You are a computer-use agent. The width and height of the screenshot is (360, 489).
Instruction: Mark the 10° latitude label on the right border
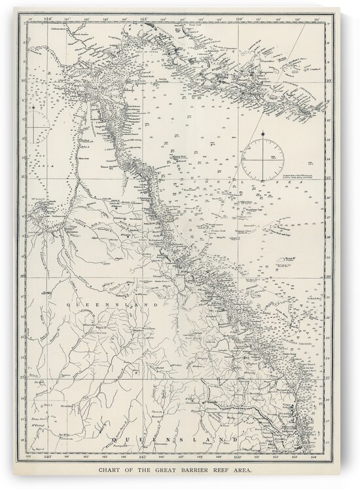332,81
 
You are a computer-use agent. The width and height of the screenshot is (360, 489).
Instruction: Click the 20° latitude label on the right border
332,276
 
